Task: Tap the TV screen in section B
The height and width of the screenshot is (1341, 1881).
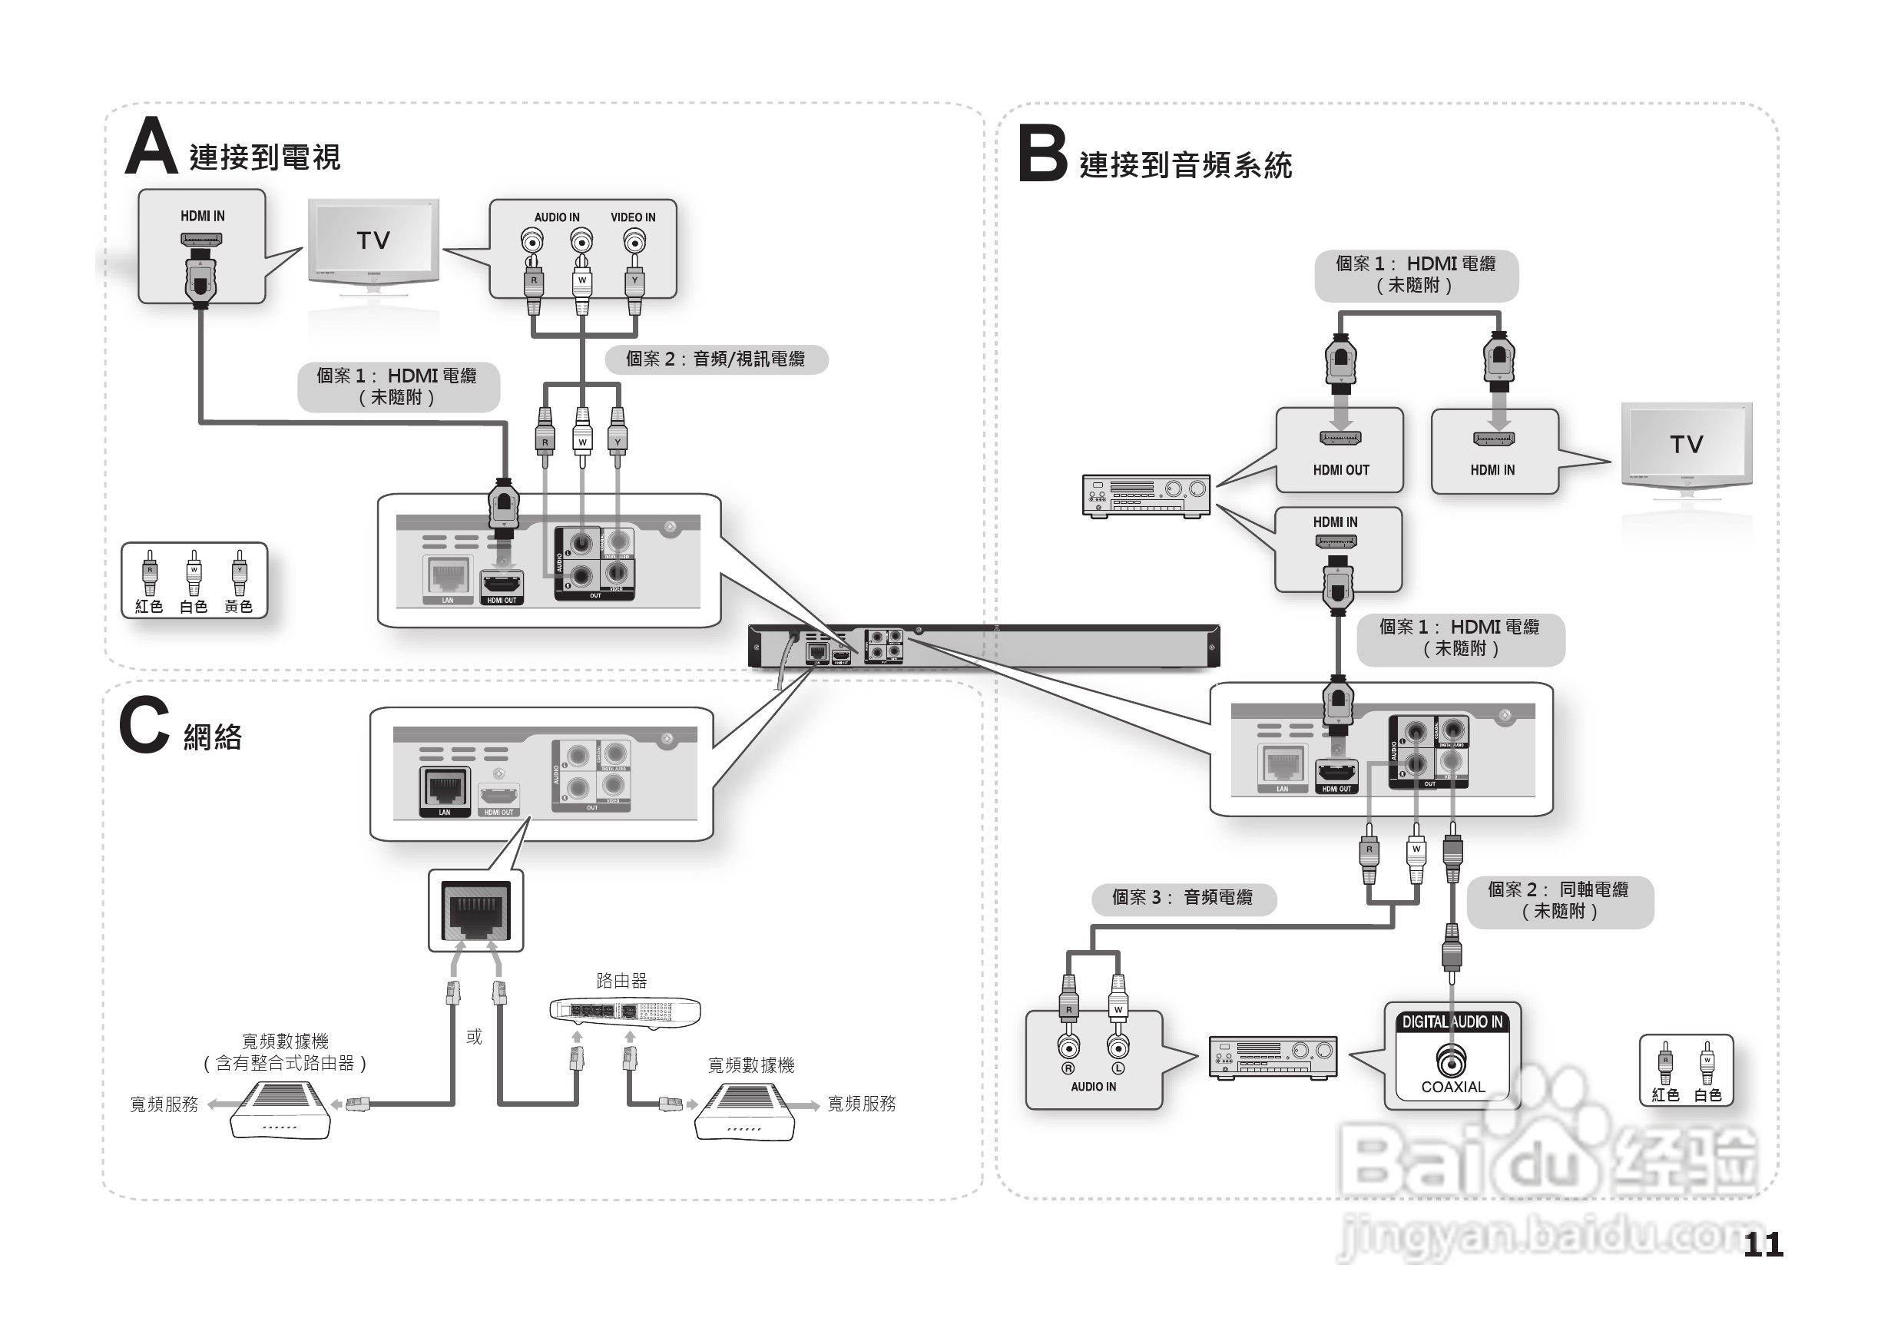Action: pyautogui.click(x=1686, y=443)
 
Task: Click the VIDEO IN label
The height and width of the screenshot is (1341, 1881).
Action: pyautogui.click(x=633, y=217)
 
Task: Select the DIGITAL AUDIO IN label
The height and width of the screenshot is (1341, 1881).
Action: pyautogui.click(x=1452, y=1021)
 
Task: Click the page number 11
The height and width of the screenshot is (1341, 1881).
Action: pyautogui.click(x=1763, y=1244)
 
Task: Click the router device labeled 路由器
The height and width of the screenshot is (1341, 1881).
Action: pyautogui.click(x=625, y=1011)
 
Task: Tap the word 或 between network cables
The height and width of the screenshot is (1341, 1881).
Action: pyautogui.click(x=474, y=1036)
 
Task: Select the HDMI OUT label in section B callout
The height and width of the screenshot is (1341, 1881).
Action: pyautogui.click(x=1341, y=470)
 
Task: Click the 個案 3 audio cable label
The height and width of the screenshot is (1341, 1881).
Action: pyautogui.click(x=1182, y=898)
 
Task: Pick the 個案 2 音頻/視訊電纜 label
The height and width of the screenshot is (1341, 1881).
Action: pyautogui.click(x=715, y=359)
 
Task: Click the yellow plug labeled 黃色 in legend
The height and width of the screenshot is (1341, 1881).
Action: pyautogui.click(x=239, y=573)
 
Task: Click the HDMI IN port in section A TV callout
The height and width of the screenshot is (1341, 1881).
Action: pyautogui.click(x=201, y=240)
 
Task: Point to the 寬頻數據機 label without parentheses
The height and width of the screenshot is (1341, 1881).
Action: pyautogui.click(x=750, y=1065)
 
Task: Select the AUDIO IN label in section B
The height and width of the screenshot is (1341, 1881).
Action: pyautogui.click(x=1093, y=1087)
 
